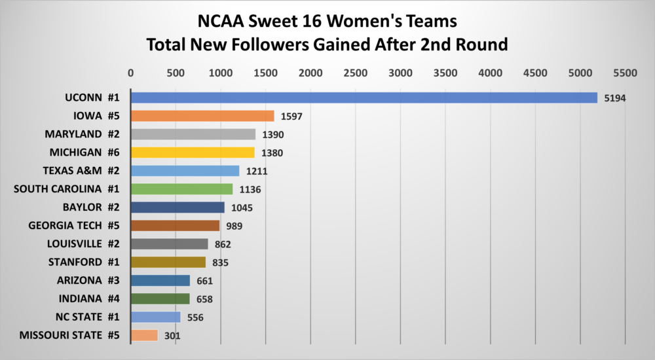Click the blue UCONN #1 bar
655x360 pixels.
pos(364,98)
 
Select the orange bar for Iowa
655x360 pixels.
pos(202,116)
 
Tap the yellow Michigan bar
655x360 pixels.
pos(193,153)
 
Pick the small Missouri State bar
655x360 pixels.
pos(144,335)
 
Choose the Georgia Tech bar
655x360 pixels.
pos(175,226)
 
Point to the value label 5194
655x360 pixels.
pos(616,98)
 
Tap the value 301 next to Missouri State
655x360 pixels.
pos(172,336)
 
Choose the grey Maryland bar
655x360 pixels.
pos(193,134)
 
